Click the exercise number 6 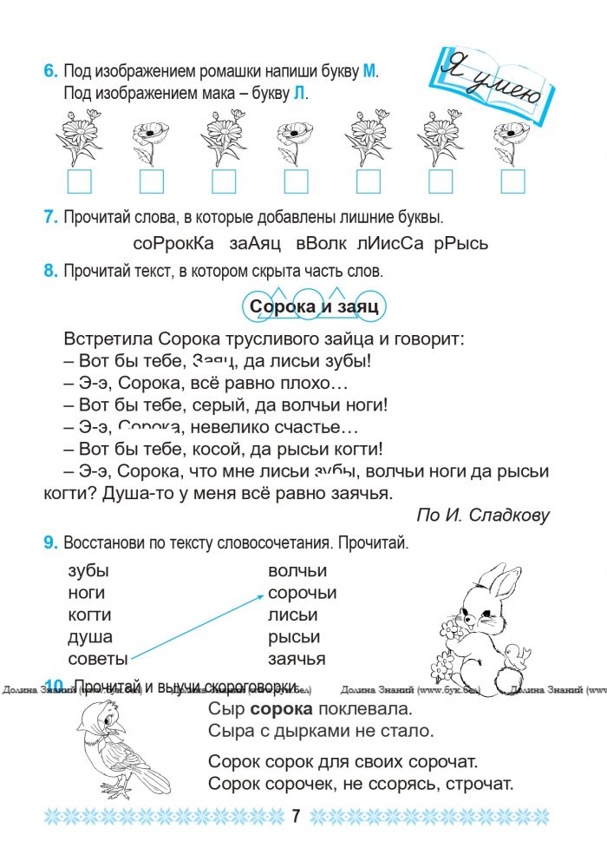coord(50,72)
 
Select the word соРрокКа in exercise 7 coord(173,244)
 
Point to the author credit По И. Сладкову coord(483,515)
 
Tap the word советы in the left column coord(98,659)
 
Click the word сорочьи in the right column coord(302,594)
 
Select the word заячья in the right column coord(297,659)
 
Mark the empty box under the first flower coord(79,181)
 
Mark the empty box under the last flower coord(512,181)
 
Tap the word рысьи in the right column coord(293,637)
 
